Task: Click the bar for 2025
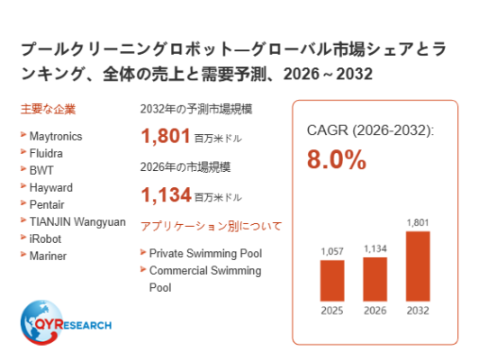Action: (332, 281)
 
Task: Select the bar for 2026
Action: (375, 279)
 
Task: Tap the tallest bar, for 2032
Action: (418, 266)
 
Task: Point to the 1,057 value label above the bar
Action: (332, 252)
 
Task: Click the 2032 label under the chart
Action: (418, 310)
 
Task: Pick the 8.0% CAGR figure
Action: (337, 159)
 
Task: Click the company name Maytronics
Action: (56, 137)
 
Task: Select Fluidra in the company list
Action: (46, 153)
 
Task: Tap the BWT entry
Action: (41, 170)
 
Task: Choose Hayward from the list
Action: (51, 188)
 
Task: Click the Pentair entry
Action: (47, 204)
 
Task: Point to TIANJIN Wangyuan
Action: (77, 222)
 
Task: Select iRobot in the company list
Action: (45, 238)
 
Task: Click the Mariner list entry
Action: (48, 256)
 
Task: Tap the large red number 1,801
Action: (166, 136)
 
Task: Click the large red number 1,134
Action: (166, 194)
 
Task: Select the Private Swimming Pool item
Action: (205, 254)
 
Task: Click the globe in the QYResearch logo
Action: (41, 322)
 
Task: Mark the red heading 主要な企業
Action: (48, 109)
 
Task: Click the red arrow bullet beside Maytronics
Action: (23, 134)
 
